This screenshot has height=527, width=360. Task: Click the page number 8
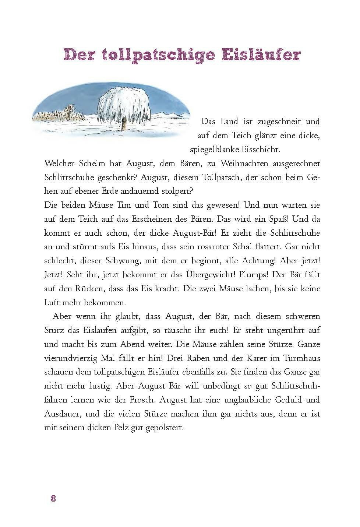pos(53,499)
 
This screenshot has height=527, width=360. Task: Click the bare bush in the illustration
pos(69,111)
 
